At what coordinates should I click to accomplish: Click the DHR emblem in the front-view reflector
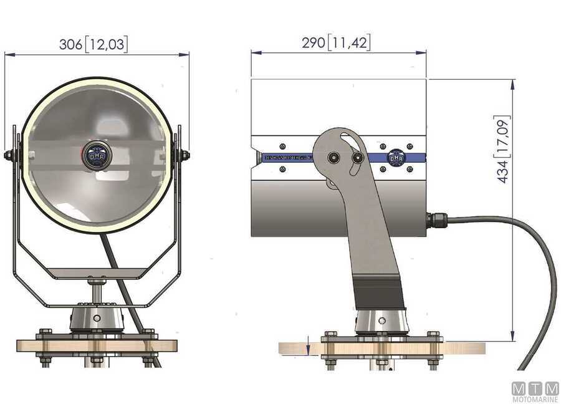click(x=97, y=154)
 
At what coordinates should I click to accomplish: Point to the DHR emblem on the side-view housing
click(x=396, y=158)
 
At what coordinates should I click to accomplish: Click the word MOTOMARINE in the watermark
click(x=535, y=399)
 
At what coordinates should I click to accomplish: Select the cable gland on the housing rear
click(x=436, y=219)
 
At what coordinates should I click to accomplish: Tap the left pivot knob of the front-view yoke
click(x=11, y=155)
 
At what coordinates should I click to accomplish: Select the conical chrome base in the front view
click(x=97, y=317)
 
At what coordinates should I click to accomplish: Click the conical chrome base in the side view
click(x=381, y=321)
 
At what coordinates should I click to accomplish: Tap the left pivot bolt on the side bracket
click(x=335, y=158)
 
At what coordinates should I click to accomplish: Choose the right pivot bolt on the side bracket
click(x=357, y=158)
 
